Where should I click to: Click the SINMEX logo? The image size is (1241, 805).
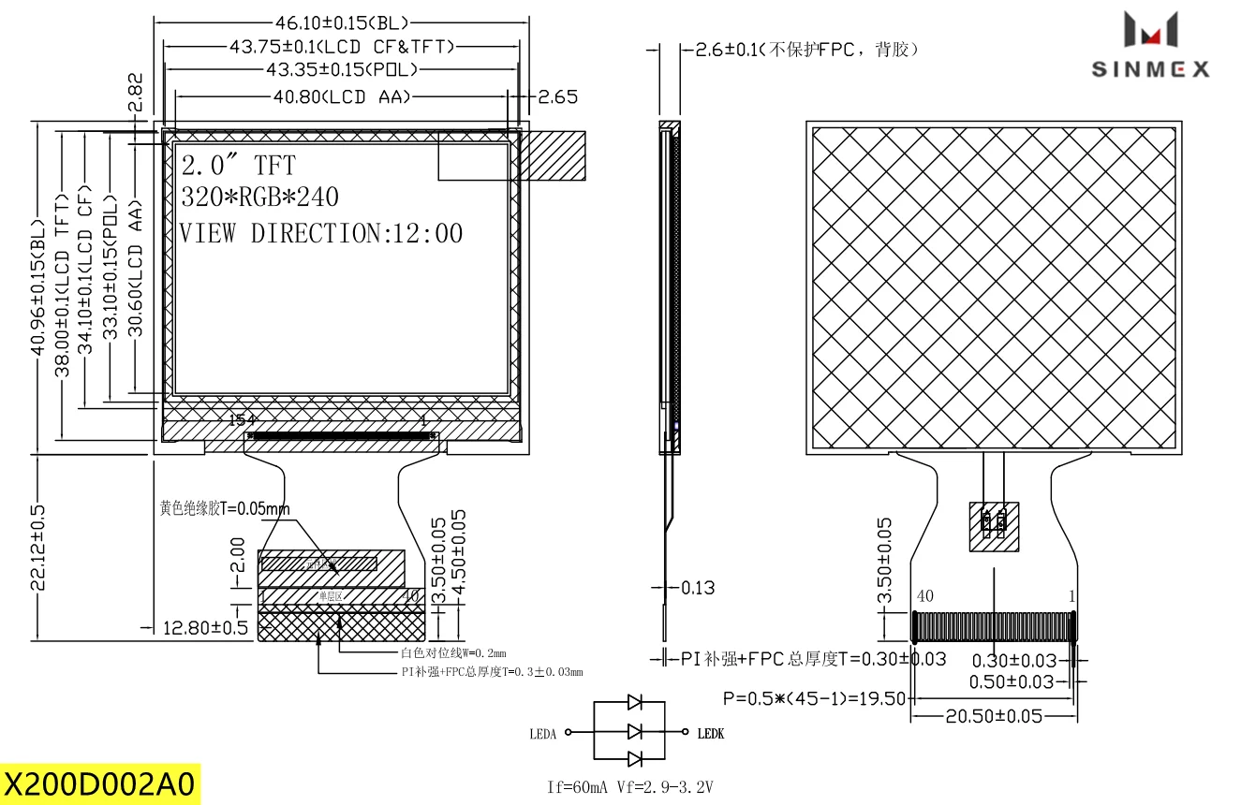pyautogui.click(x=1150, y=45)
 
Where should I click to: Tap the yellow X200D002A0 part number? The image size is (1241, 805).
pyautogui.click(x=100, y=783)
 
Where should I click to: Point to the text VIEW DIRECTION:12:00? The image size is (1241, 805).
pyautogui.click(x=321, y=233)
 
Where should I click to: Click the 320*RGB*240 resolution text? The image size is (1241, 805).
pyautogui.click(x=259, y=198)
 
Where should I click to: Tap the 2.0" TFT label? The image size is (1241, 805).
pyautogui.click(x=238, y=166)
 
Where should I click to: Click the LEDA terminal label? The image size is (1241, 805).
pyautogui.click(x=543, y=735)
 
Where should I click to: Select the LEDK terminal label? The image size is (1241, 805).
pyautogui.click(x=711, y=734)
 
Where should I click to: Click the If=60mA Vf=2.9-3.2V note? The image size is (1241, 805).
pyautogui.click(x=629, y=787)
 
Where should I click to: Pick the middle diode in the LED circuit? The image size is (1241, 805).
pyautogui.click(x=635, y=730)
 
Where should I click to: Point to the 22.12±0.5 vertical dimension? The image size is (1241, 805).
pyautogui.click(x=38, y=548)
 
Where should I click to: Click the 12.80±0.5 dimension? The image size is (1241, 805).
pyautogui.click(x=204, y=627)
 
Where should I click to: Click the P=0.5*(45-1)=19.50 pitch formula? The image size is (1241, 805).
pyautogui.click(x=813, y=698)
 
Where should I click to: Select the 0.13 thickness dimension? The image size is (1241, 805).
pyautogui.click(x=698, y=588)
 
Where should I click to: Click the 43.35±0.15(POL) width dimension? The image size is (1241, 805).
pyautogui.click(x=342, y=70)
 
